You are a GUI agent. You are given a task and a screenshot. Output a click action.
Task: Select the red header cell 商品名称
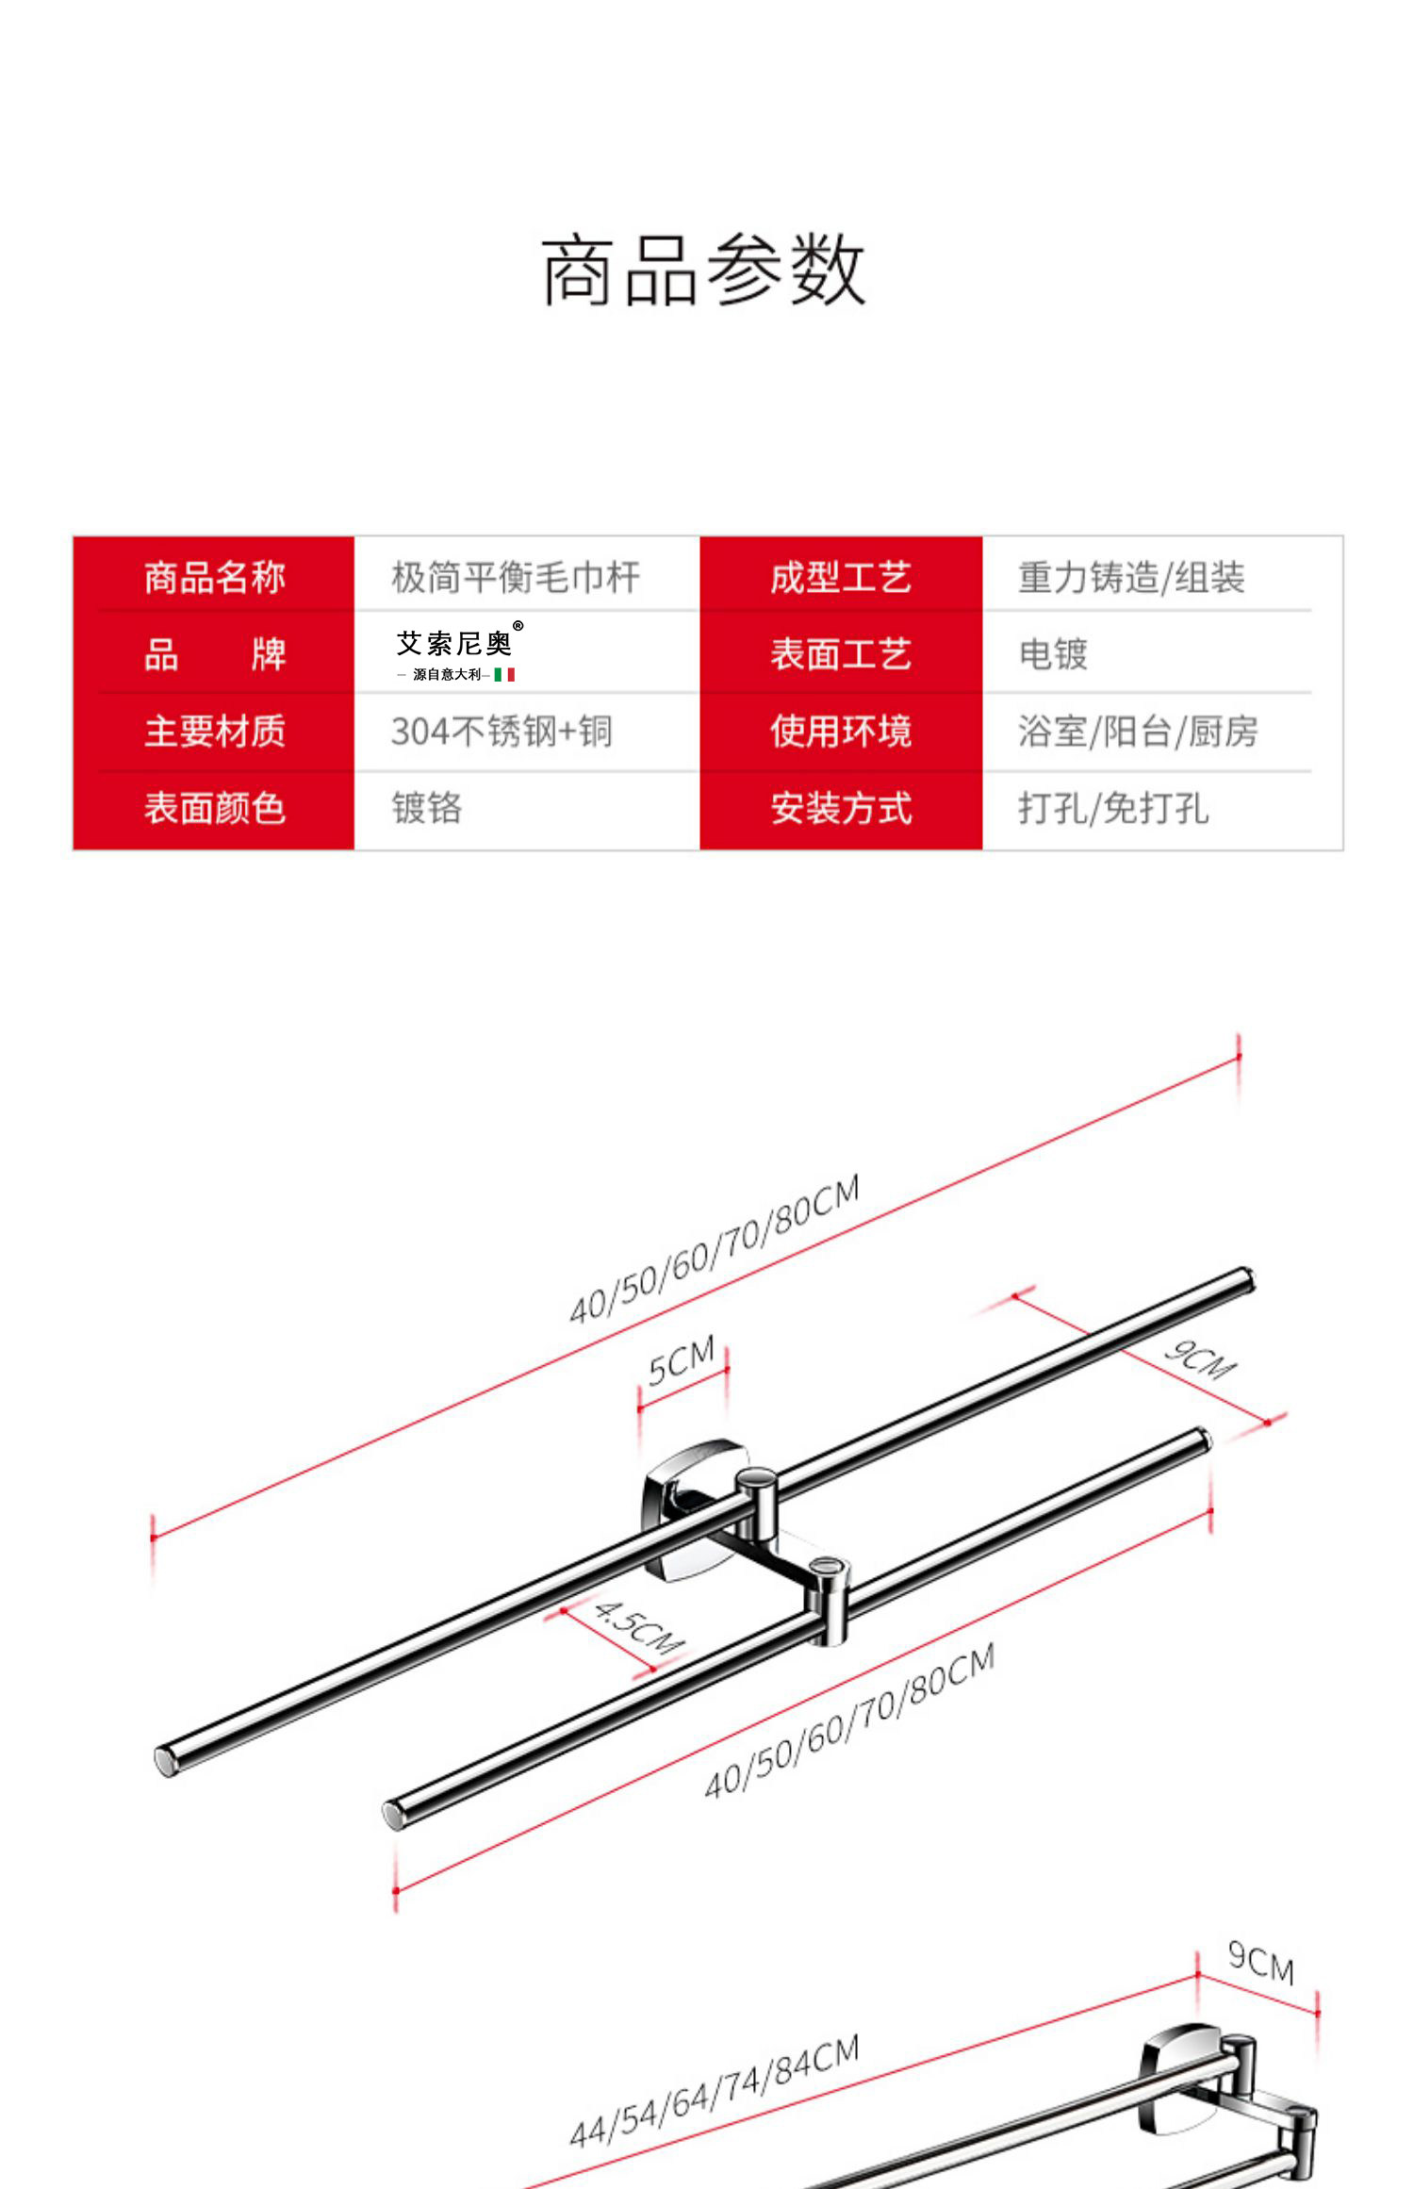[214, 577]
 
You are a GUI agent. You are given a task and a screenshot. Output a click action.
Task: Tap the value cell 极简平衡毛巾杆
[516, 577]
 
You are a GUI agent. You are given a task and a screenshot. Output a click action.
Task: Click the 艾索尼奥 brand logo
[456, 644]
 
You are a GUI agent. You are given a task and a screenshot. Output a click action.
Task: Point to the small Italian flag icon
[504, 675]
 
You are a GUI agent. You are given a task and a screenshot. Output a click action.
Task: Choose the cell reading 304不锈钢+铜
[501, 732]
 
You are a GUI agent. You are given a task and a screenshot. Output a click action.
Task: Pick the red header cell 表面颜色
[214, 809]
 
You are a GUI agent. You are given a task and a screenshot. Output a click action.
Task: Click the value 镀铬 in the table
[426, 809]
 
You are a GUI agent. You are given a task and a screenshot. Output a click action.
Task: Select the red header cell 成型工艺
[841, 577]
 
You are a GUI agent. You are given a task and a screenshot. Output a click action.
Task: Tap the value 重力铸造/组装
[1131, 577]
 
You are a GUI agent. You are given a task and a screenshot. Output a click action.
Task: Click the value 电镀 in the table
[1053, 654]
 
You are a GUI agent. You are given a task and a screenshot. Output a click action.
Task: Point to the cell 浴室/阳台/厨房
[1138, 732]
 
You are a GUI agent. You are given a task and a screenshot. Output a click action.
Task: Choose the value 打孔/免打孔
[1112, 809]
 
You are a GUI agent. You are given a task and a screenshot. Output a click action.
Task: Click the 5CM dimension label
[682, 1359]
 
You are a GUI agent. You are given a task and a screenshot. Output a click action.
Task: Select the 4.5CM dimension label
[638, 1627]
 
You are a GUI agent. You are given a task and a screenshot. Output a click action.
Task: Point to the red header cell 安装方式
[841, 809]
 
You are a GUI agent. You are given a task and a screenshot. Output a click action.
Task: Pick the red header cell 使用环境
[841, 732]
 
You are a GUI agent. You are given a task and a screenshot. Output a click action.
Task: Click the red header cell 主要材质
[214, 732]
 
